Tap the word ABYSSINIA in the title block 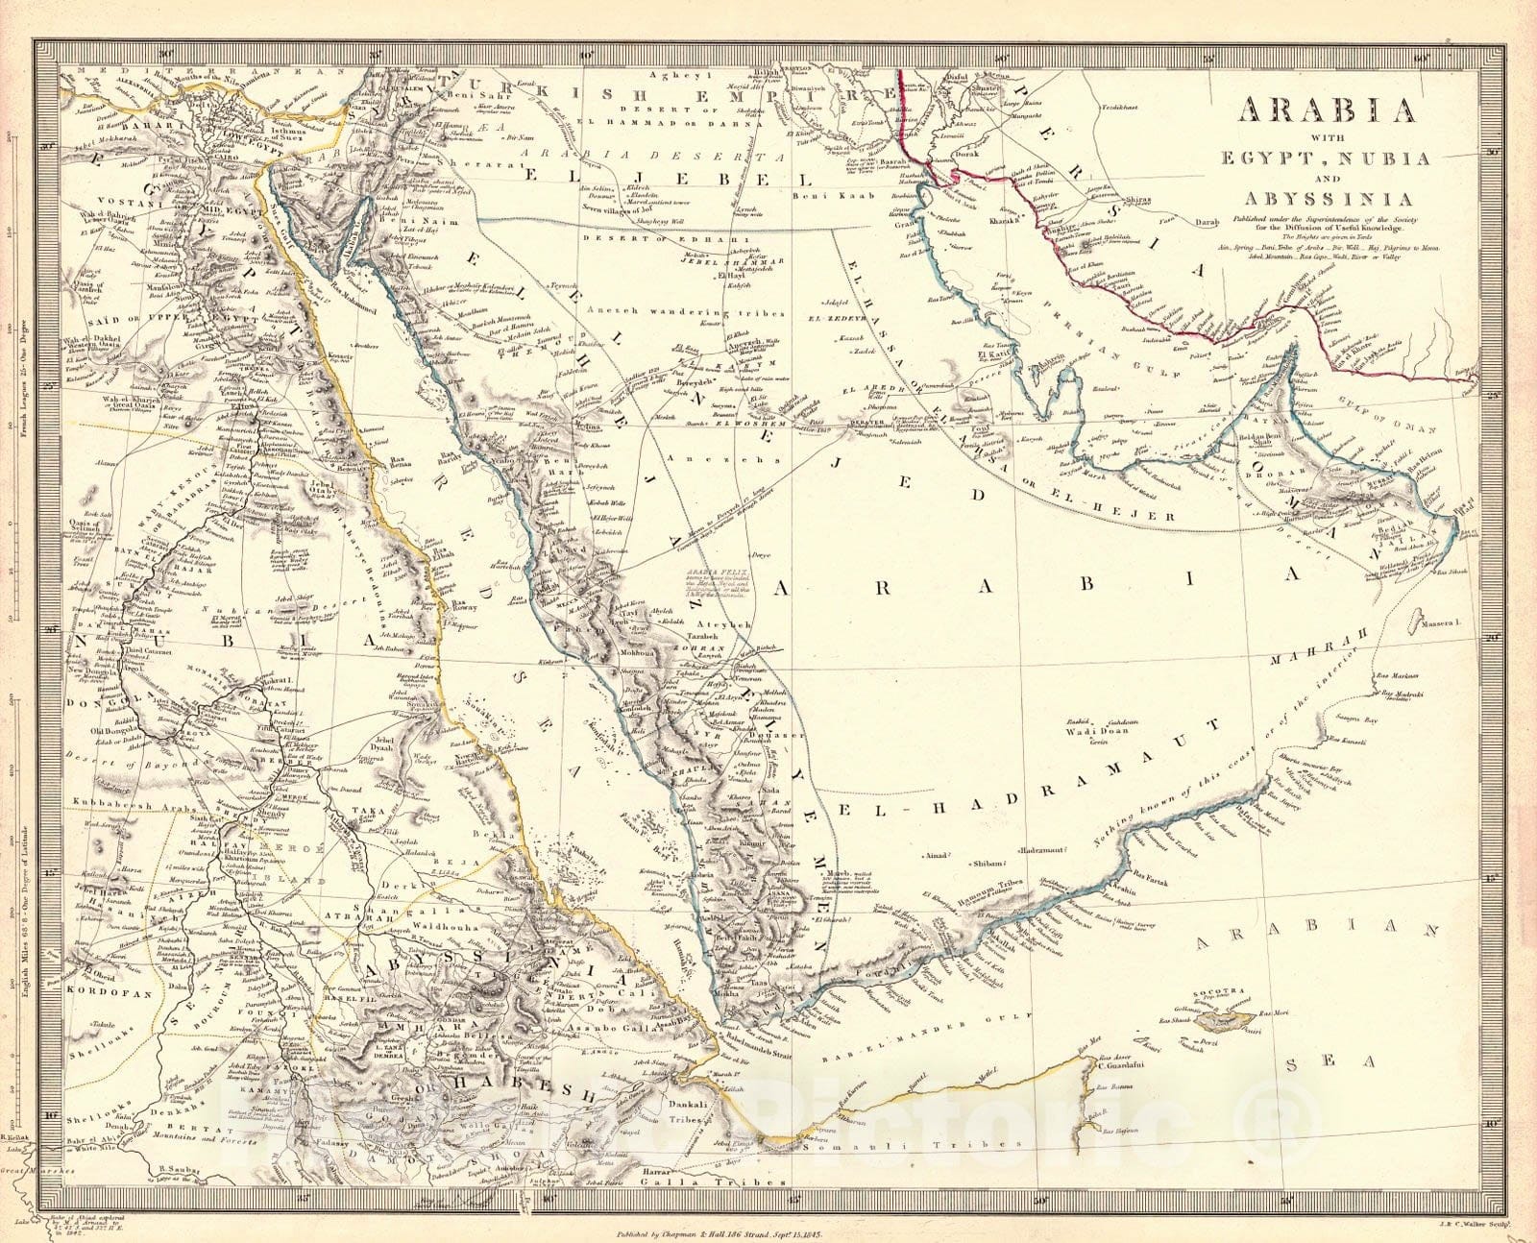[x=1330, y=200]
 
